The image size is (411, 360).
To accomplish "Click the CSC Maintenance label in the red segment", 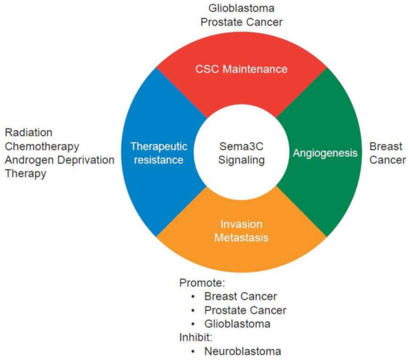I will click(x=241, y=69).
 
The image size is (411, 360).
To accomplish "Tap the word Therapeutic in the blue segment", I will click(x=158, y=146).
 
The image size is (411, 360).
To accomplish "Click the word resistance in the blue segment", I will click(x=158, y=160).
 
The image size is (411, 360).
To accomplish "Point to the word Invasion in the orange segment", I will click(x=241, y=223).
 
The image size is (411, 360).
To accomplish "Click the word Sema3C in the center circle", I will click(x=241, y=146).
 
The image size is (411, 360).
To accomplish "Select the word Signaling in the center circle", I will click(x=241, y=160).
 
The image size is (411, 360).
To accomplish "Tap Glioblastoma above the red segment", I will click(x=241, y=8).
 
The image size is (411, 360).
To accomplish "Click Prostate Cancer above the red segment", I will click(x=241, y=22).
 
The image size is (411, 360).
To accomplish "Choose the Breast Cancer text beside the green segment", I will click(x=388, y=153).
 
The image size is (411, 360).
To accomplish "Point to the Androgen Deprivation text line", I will click(x=58, y=160).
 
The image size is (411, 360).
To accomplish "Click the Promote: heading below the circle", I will click(x=202, y=282).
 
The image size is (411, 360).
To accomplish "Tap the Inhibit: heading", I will click(x=197, y=336).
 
